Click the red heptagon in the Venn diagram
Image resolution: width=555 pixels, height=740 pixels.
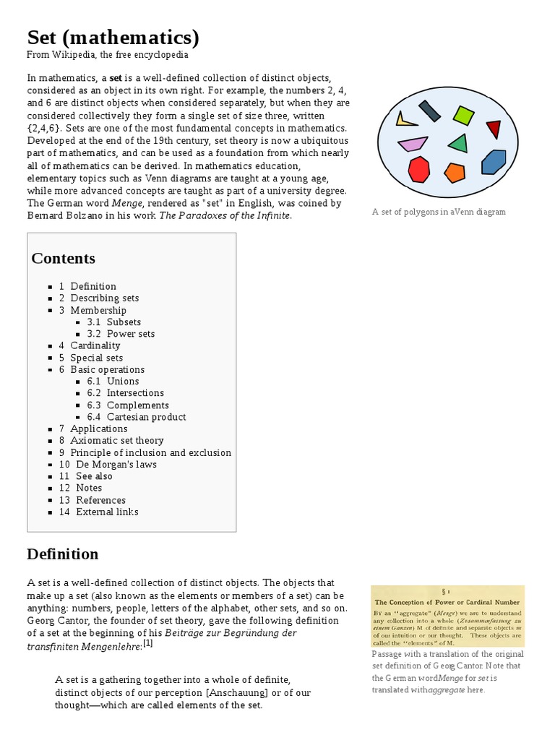[x=418, y=169]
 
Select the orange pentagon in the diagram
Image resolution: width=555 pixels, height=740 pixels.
[x=454, y=173]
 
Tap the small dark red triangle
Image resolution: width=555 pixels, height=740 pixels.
[x=494, y=129]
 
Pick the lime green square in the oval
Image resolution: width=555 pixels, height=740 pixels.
[x=463, y=114]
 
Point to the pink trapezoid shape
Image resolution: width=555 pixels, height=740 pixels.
[x=412, y=144]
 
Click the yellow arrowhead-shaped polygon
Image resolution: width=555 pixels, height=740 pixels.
[x=405, y=119]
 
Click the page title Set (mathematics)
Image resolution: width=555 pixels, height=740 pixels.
[x=113, y=37]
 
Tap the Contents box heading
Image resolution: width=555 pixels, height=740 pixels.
[x=64, y=258]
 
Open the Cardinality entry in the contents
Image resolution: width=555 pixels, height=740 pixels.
[x=95, y=345]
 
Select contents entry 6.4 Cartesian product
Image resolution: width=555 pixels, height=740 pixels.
[x=146, y=417]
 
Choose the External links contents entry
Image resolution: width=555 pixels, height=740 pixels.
[x=107, y=512]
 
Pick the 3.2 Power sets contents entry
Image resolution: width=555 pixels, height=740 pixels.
[x=130, y=334]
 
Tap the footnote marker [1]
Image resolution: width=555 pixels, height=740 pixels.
[x=147, y=642]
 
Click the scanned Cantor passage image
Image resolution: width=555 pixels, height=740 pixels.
[x=447, y=616]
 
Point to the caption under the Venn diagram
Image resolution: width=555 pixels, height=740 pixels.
[x=439, y=212]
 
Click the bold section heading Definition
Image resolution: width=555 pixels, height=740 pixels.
[x=63, y=554]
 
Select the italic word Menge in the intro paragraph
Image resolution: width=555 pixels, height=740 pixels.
[x=126, y=203]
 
